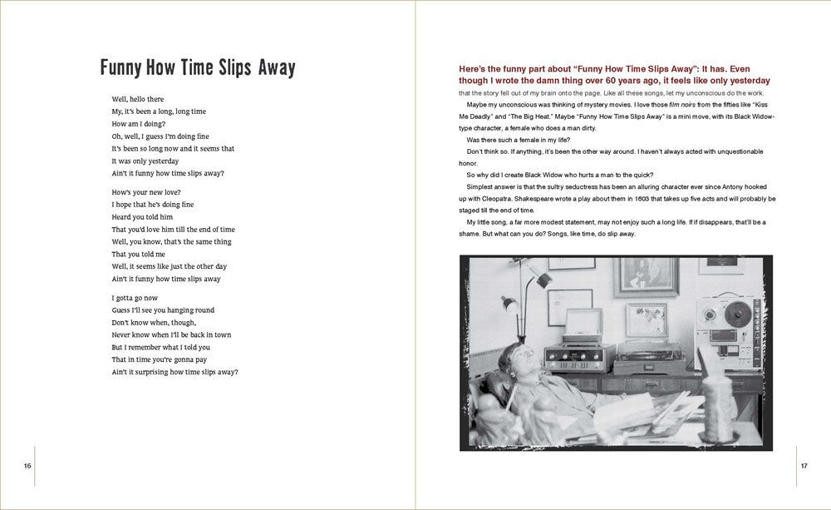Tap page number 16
pyautogui.click(x=27, y=465)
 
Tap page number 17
pyautogui.click(x=804, y=465)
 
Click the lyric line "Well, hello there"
pyautogui.click(x=138, y=99)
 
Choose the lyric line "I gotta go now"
pyautogui.click(x=135, y=298)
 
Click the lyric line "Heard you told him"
pyautogui.click(x=142, y=217)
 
